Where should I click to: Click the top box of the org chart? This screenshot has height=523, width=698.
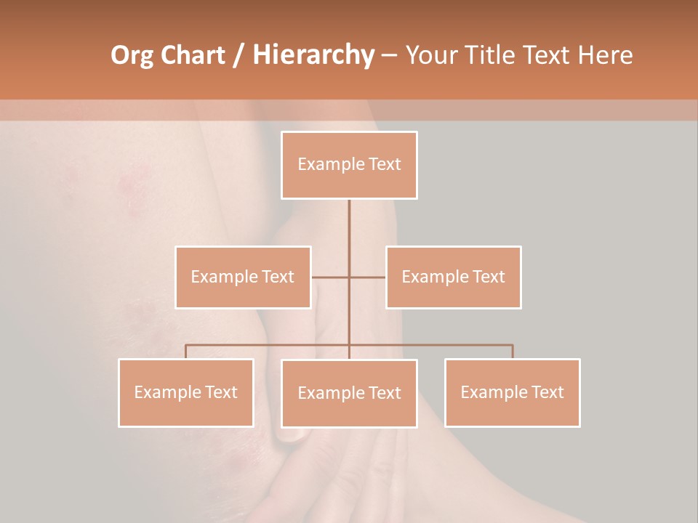(349, 165)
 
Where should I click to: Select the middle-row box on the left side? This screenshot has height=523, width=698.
(243, 277)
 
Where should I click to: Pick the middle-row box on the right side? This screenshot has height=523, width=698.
(453, 277)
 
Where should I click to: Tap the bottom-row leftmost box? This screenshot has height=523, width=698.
(186, 392)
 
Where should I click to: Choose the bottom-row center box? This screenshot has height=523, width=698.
(349, 393)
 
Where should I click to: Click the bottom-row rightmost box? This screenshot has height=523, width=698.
(512, 392)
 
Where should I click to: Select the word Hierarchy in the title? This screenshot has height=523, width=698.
(313, 55)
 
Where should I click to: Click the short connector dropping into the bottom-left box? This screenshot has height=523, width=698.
(186, 352)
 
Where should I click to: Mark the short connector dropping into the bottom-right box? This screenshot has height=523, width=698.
(513, 352)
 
